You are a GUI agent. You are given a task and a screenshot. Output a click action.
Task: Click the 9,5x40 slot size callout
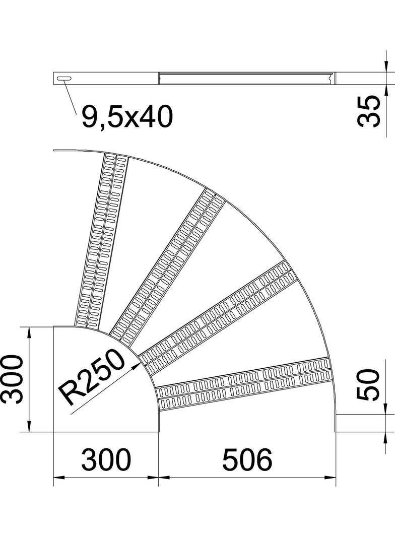coord(125,117)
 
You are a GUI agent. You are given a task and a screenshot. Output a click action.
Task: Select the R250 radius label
coord(91,379)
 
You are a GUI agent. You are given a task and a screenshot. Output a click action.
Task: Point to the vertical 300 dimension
coord(12,379)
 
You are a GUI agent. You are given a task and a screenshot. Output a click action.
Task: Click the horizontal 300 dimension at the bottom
coord(106,460)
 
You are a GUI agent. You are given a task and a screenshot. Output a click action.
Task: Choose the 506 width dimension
coord(247,460)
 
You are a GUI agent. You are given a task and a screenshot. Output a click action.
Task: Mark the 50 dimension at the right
coord(368,384)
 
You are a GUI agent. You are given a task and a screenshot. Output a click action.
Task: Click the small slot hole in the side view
coord(64,78)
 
